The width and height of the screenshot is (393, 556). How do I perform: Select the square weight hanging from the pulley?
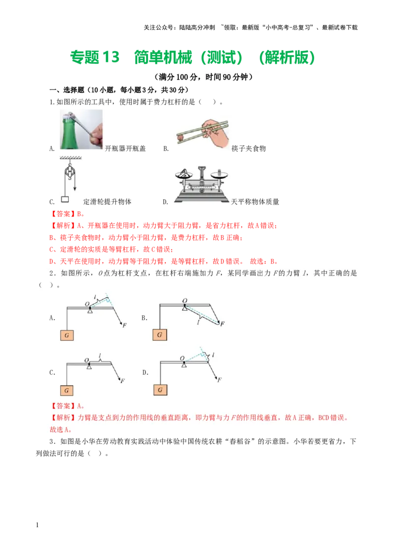64,199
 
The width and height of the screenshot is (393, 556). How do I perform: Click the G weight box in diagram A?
67,335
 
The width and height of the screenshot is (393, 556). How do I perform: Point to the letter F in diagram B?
223,324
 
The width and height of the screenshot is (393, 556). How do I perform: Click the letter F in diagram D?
220,380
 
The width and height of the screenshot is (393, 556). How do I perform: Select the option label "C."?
52,373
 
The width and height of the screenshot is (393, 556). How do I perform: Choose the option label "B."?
144,318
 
